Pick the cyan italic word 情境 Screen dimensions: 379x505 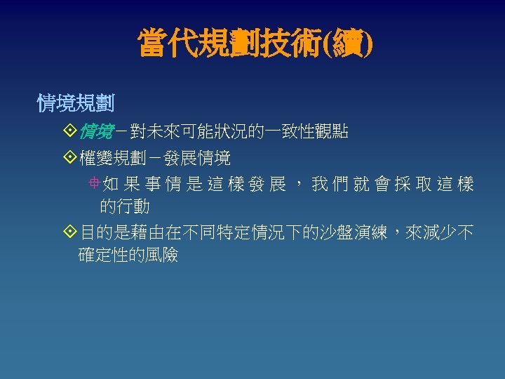[x=97, y=132]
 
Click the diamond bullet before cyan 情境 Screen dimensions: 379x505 [x=69, y=132]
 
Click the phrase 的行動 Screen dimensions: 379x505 [x=125, y=206]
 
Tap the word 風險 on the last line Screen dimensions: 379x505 [x=161, y=255]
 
